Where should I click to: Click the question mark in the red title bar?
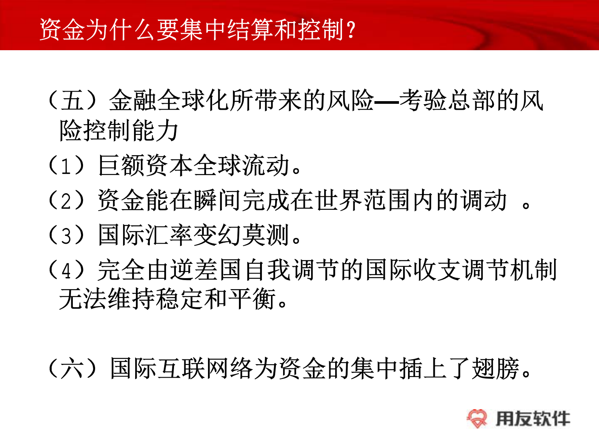pos(351,30)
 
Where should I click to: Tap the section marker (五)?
pos(72,101)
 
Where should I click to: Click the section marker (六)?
pos(72,368)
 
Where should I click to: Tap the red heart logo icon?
pos(477,419)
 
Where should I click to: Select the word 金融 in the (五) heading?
pos(133,101)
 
